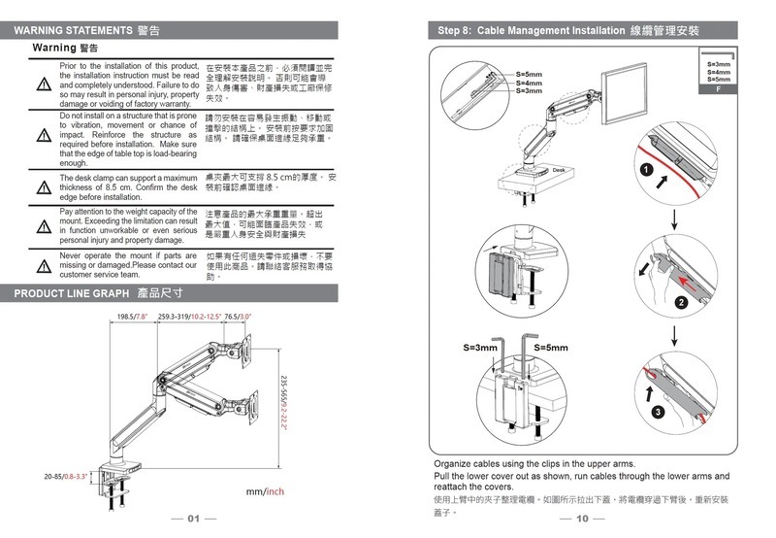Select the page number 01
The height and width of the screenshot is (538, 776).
coord(194,519)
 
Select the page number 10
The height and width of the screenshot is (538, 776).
coord(582,519)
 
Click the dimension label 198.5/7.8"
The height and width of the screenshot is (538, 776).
coord(132,317)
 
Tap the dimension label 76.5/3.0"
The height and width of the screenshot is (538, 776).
coord(239,317)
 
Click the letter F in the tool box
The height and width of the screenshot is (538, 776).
coord(717,88)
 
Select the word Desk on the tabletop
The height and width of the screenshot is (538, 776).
coord(558,171)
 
